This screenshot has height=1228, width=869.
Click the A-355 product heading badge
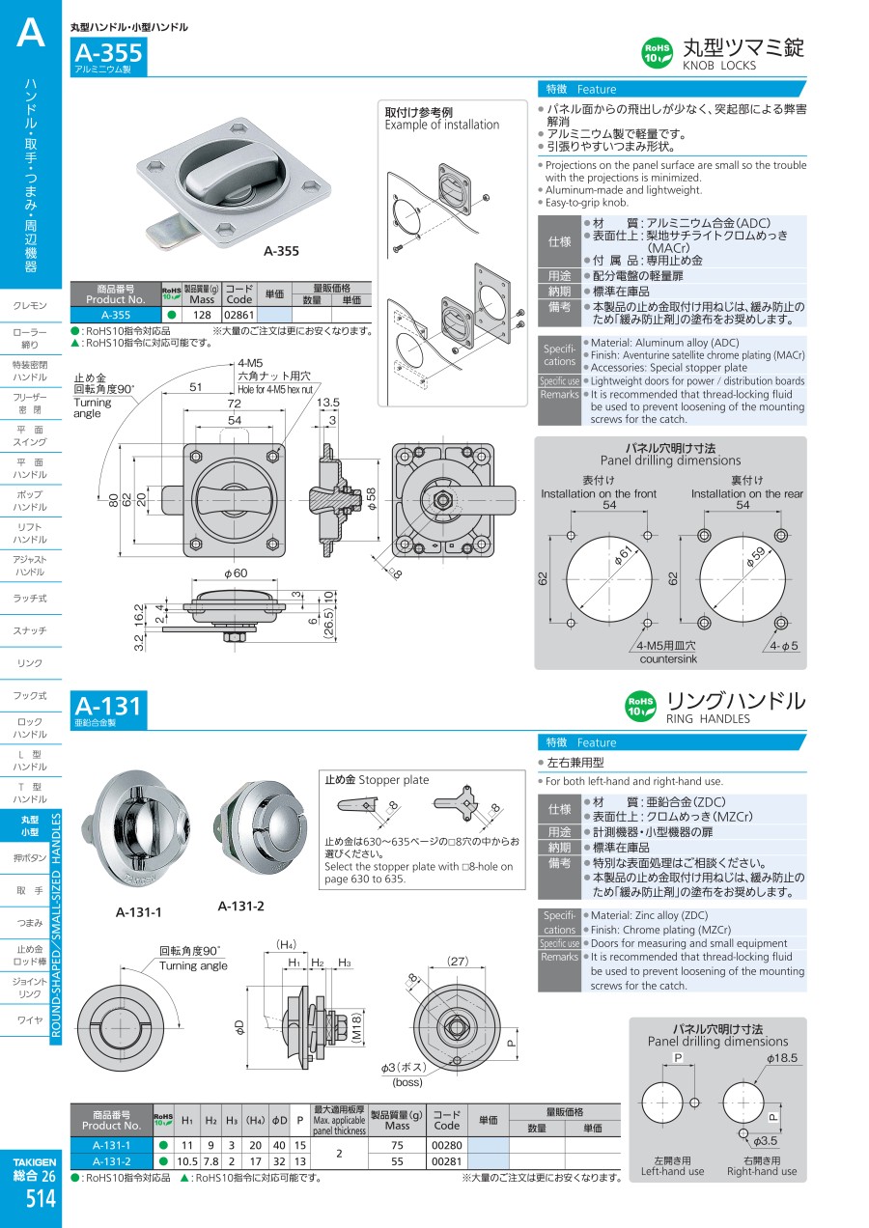[x=108, y=52]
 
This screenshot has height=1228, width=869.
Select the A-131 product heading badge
[x=107, y=706]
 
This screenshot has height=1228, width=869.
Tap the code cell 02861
[x=238, y=315]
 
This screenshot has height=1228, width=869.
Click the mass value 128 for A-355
[x=202, y=315]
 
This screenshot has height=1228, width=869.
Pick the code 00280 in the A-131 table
[x=446, y=1145]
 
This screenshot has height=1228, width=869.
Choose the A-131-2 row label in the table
[x=112, y=1161]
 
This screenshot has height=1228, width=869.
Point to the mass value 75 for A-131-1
[x=397, y=1145]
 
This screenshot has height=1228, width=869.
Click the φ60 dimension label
[x=236, y=573]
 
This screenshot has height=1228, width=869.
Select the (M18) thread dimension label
[x=355, y=1027]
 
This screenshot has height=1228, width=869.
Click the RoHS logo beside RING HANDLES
[x=641, y=706]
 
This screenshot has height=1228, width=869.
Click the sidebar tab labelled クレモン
[x=30, y=306]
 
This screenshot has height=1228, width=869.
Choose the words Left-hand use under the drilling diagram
[x=673, y=1171]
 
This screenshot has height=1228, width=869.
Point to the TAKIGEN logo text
[x=35, y=1160]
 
